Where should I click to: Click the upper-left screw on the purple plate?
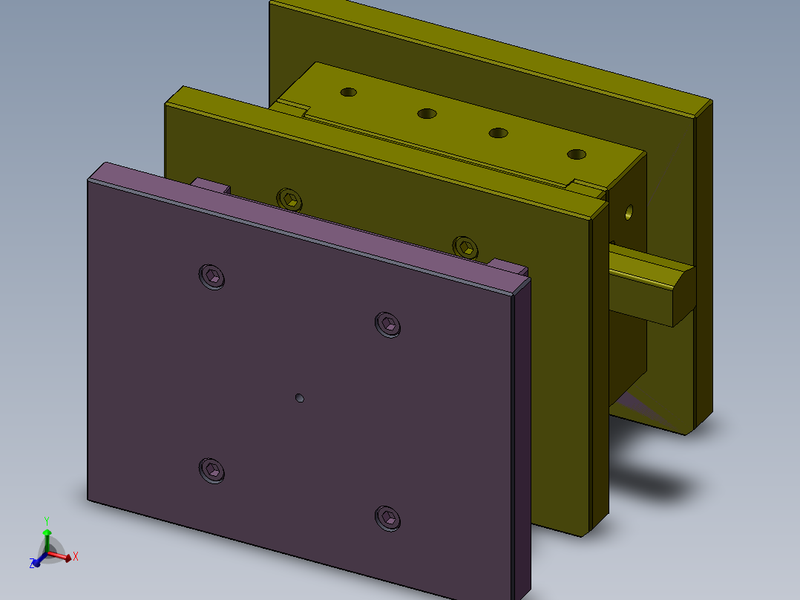pos(212,276)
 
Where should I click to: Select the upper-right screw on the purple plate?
pos(388,324)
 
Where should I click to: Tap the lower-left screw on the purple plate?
pos(212,469)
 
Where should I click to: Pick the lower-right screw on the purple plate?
pos(387,518)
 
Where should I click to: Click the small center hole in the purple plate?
pos(300,398)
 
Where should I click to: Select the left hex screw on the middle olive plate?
pos(290,199)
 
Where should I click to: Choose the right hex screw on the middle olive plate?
pos(465,246)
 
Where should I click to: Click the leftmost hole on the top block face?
pos(348,93)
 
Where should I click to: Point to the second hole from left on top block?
pos(427,114)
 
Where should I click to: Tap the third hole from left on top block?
pos(498,133)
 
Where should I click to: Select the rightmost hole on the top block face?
pos(577,154)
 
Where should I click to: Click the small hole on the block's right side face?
pos(630,213)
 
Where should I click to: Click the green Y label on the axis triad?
pos(46,521)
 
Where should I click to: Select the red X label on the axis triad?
pos(76,555)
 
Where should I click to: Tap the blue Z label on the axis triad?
pos(33,564)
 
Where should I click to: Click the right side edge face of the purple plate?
pos(522,438)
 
